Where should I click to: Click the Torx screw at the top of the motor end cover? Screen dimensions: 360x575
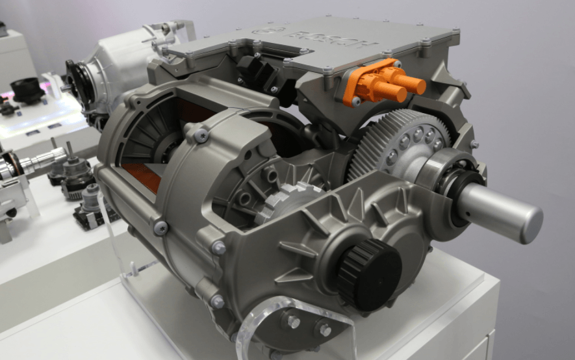click(201, 135)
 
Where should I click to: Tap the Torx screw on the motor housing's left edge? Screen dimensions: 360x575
click(160, 227)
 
